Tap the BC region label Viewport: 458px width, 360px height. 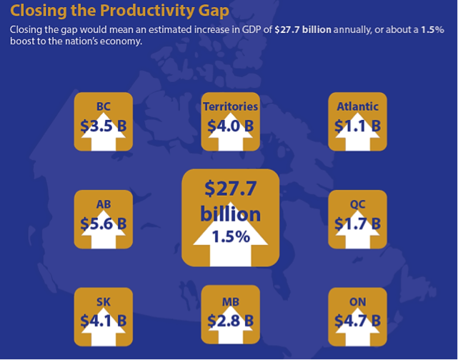(104, 107)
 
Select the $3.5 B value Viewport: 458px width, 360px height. (104, 126)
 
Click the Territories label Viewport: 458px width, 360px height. (230, 107)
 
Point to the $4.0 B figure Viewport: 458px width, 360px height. (230, 126)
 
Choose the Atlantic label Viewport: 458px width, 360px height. (357, 107)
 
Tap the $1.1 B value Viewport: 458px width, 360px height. (357, 126)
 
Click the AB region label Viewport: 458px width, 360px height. (104, 204)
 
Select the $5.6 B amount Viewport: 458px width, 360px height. (104, 223)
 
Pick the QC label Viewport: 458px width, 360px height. (357, 204)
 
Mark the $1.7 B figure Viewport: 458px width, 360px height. (357, 223)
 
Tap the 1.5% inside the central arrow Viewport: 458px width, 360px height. (230, 236)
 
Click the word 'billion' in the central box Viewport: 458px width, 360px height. (230, 214)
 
